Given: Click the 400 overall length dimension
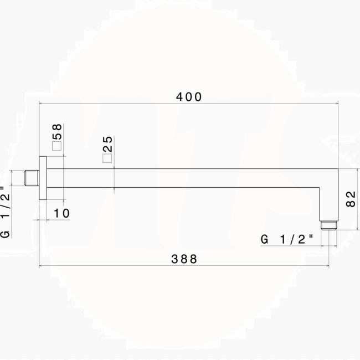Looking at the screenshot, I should tap(189, 96).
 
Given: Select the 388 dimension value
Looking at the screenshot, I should tap(183, 259).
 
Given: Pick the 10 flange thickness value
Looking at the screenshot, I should tap(62, 213).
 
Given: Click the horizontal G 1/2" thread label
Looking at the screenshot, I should tap(287, 240).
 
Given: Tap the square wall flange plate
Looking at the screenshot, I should tap(43, 178).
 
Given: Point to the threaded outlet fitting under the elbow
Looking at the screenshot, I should tap(329, 223).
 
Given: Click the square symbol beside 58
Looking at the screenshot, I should tap(56, 146).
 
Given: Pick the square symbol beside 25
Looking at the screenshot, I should tap(107, 158).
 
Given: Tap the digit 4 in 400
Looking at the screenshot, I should tap(180, 96).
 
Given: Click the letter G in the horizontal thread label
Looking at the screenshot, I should tap(265, 240).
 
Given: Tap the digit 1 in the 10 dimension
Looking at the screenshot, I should tap(57, 213).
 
